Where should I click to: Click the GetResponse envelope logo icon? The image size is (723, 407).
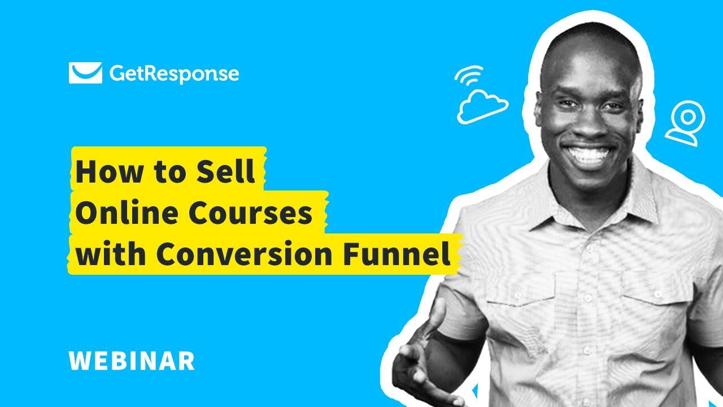click(85, 73)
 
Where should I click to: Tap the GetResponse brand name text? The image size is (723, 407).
click(173, 73)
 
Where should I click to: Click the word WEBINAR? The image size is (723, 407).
click(131, 361)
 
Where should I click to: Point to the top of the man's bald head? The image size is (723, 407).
click(590, 42)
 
